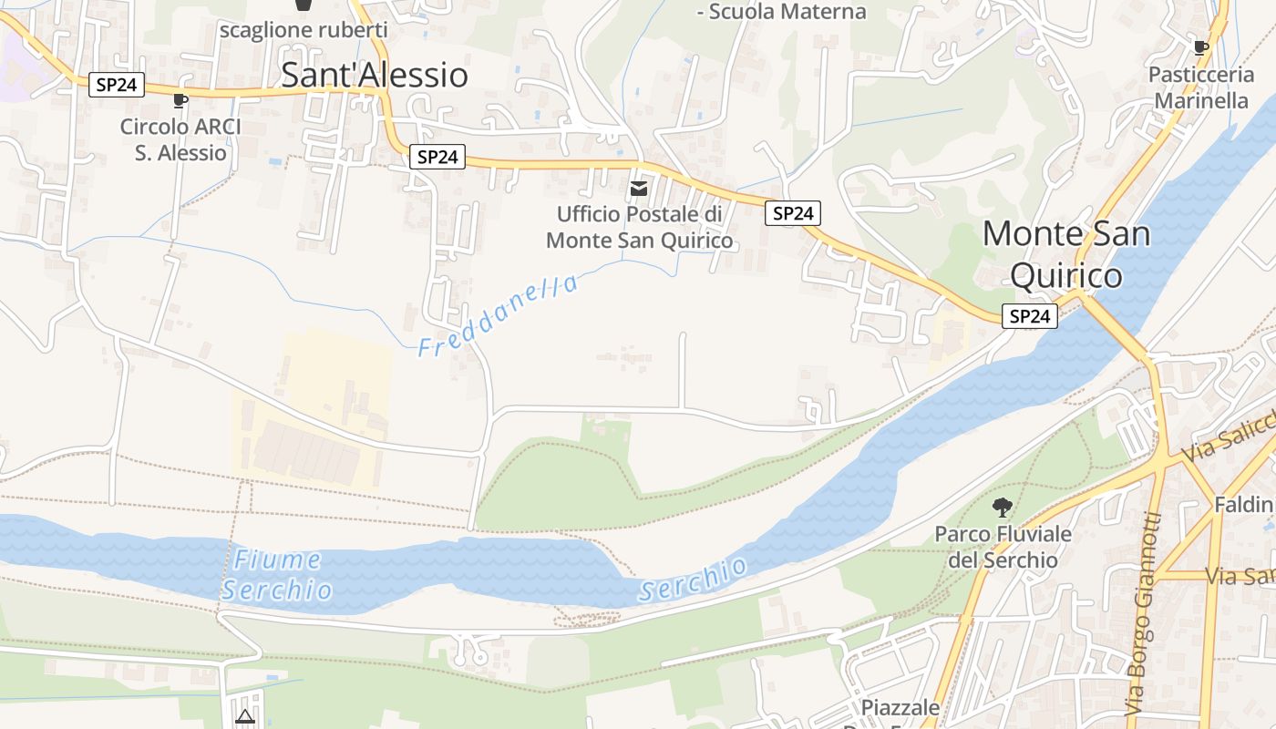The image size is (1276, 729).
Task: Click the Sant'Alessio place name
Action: pyautogui.click(x=374, y=75)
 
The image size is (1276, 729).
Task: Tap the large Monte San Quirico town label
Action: pyautogui.click(x=1066, y=253)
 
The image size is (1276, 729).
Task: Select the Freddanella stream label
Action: pyautogui.click(x=498, y=315)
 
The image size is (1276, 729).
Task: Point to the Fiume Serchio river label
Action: pyautogui.click(x=276, y=575)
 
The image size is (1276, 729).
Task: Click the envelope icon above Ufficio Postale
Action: pyautogui.click(x=639, y=189)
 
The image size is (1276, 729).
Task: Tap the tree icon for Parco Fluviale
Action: pyautogui.click(x=1003, y=507)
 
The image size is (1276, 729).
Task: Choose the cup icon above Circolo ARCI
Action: pyautogui.click(x=180, y=100)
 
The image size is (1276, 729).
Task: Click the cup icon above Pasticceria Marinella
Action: pyautogui.click(x=1201, y=47)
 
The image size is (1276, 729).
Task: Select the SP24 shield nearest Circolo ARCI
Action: pyautogui.click(x=118, y=85)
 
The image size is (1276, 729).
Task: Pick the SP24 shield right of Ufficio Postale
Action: pyautogui.click(x=792, y=213)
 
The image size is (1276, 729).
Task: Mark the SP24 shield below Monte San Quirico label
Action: pyautogui.click(x=1030, y=316)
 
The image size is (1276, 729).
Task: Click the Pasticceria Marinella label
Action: pyautogui.click(x=1201, y=87)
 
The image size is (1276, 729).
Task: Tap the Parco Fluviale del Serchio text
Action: pyautogui.click(x=1003, y=547)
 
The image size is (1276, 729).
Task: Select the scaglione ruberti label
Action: pyautogui.click(x=304, y=29)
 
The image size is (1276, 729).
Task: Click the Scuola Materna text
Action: pyautogui.click(x=781, y=12)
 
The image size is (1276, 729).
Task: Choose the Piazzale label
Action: pyautogui.click(x=900, y=708)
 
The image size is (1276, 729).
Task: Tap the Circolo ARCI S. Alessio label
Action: pyautogui.click(x=180, y=139)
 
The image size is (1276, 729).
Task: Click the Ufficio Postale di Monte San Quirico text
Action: pyautogui.click(x=639, y=228)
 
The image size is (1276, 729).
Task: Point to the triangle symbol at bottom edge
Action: pyautogui.click(x=244, y=717)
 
